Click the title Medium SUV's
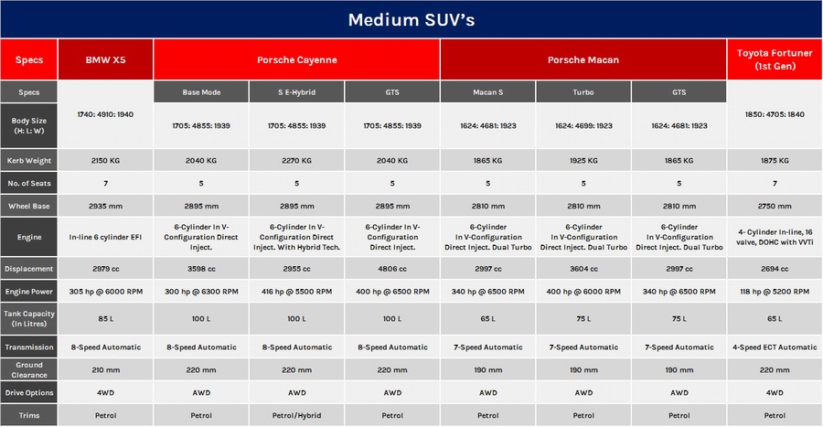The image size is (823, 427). click(411, 20)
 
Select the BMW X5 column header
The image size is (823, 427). click(105, 59)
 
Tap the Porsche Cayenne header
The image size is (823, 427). click(296, 59)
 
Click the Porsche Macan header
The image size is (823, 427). click(583, 59)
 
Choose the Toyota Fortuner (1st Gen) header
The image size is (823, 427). click(775, 59)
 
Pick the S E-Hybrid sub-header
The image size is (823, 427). click(296, 92)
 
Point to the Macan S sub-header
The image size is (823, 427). click(487, 92)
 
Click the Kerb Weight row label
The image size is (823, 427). click(29, 161)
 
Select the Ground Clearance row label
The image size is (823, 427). click(29, 369)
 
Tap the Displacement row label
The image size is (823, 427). click(29, 269)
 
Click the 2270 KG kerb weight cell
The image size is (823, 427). click(296, 161)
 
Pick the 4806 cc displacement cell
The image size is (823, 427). click(392, 269)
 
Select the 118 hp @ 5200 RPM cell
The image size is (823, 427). click(775, 292)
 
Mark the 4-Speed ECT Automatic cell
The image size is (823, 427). click(775, 347)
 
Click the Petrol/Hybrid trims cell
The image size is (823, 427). click(296, 415)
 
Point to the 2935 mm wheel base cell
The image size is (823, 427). click(105, 206)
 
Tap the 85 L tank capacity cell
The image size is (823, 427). click(105, 318)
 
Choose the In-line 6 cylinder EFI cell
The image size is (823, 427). click(105, 237)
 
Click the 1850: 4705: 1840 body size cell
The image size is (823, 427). click(775, 114)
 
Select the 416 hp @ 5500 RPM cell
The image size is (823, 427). click(296, 292)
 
